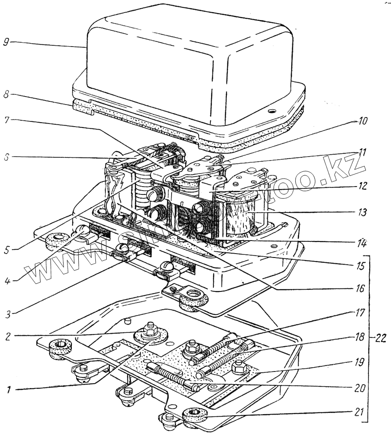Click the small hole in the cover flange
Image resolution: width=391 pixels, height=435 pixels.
(x=272, y=111)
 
